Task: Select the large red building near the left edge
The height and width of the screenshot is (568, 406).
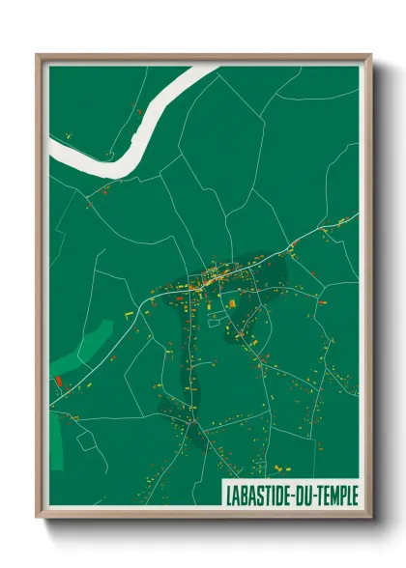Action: [x=60, y=382]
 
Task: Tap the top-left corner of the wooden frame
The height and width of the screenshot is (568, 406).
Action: [x=38, y=55]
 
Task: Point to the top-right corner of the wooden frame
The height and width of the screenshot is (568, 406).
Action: [x=370, y=55]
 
